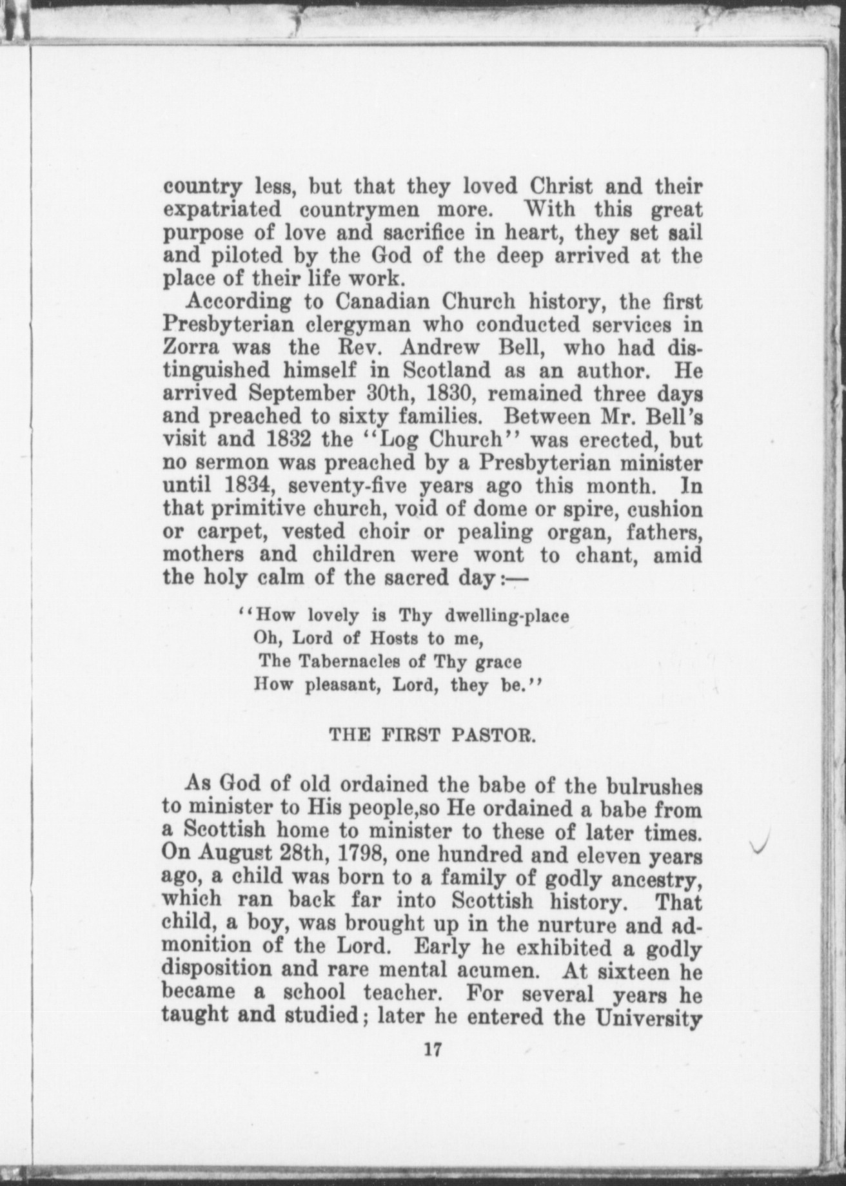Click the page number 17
coord(432,1049)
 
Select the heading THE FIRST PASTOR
coord(432,734)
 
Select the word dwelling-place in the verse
coord(507,616)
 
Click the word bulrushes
coord(654,786)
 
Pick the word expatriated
coord(222,210)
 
